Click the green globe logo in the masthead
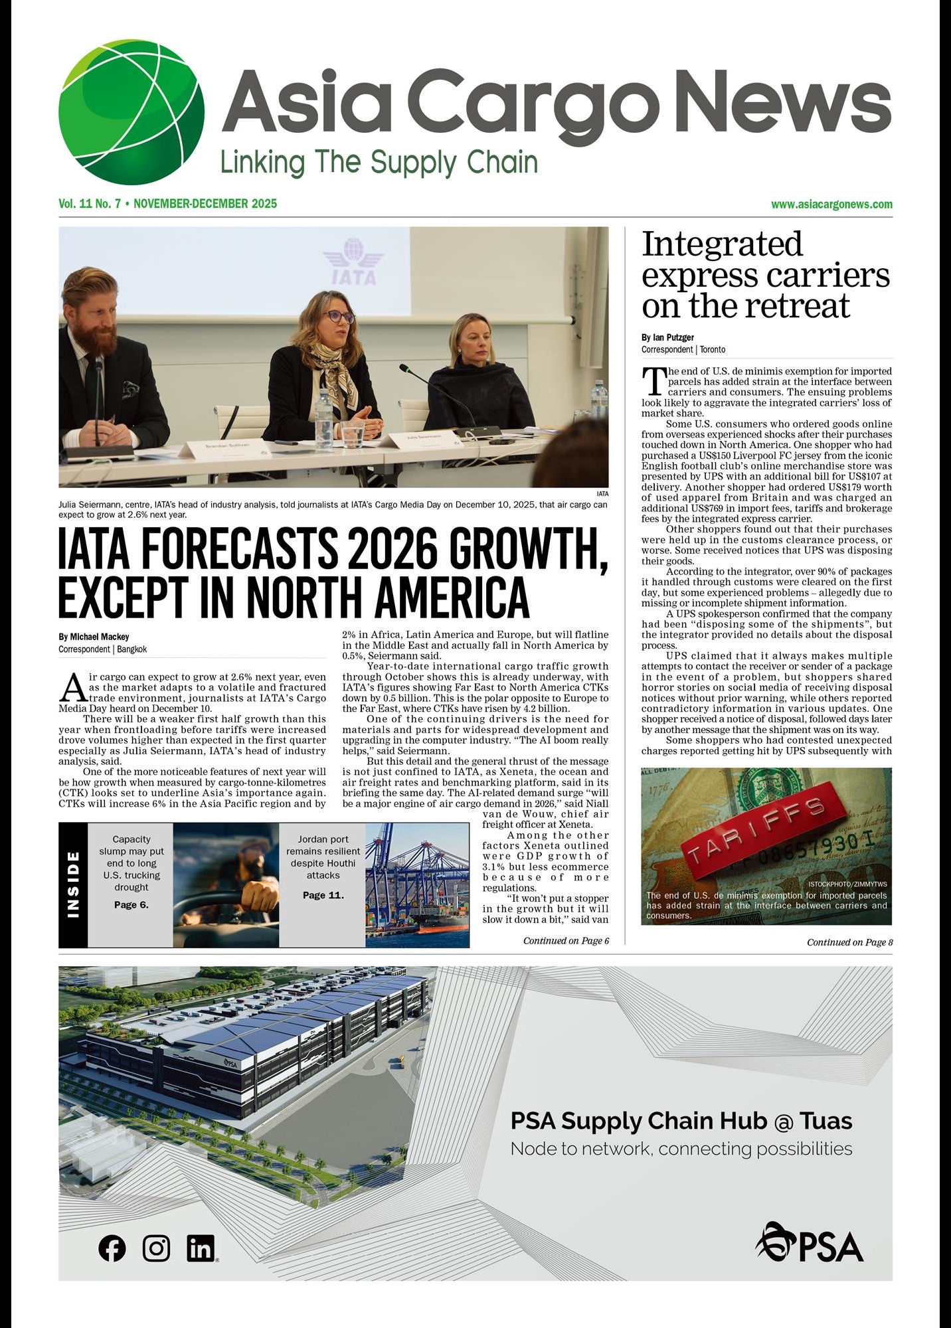click(x=131, y=112)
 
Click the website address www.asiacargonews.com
click(x=831, y=205)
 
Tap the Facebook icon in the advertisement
click(x=112, y=1248)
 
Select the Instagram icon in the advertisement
click(x=156, y=1248)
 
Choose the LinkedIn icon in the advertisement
click(x=201, y=1248)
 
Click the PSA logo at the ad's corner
click(x=810, y=1242)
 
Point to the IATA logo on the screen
click(x=353, y=263)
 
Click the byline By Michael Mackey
click(x=94, y=637)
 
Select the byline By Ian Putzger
click(x=667, y=337)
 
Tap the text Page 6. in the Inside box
click(x=131, y=904)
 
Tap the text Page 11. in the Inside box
click(x=323, y=895)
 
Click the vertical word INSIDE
click(x=73, y=884)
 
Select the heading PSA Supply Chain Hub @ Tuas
click(x=681, y=1121)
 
